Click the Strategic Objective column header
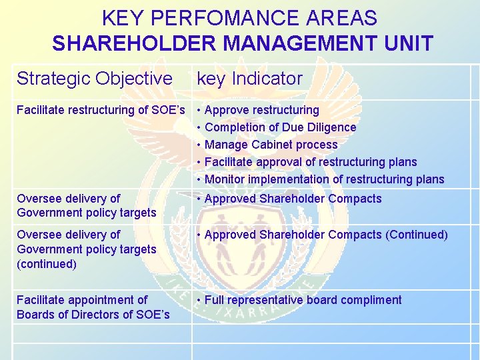pyautogui.click(x=95, y=79)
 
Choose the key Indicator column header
pyautogui.click(x=250, y=79)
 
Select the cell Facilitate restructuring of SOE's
pyautogui.click(x=100, y=110)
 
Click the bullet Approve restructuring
pyautogui.click(x=261, y=110)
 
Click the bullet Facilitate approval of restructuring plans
pyautogui.click(x=310, y=162)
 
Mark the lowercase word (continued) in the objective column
pyautogui.click(x=47, y=264)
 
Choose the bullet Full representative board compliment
pyautogui.click(x=303, y=300)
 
